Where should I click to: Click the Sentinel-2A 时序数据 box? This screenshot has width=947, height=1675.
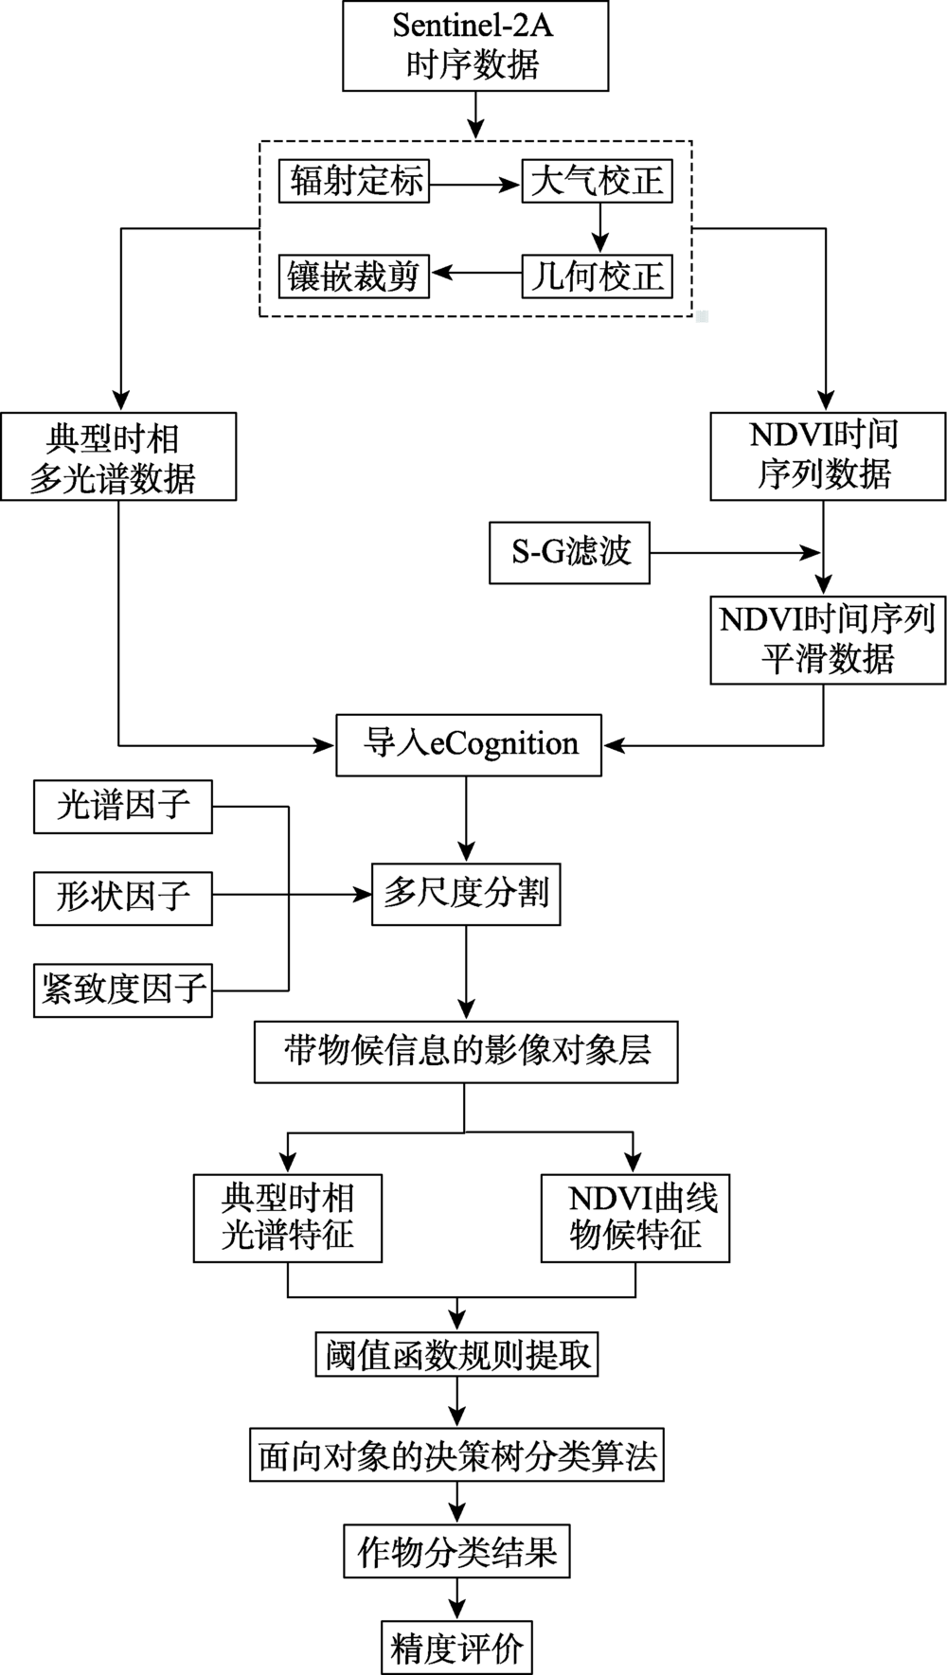(x=473, y=45)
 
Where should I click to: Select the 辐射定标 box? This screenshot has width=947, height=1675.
(x=354, y=181)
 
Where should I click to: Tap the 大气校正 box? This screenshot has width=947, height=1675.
(x=598, y=181)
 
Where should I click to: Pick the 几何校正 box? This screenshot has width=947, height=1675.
(x=598, y=276)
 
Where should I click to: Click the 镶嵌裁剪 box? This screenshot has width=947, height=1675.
(x=354, y=276)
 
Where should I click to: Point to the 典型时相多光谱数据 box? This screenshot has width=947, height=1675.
(x=118, y=456)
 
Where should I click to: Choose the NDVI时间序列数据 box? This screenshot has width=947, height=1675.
(x=828, y=456)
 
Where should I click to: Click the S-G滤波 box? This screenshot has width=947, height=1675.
(x=570, y=552)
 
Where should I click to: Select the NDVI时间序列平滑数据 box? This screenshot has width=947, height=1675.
(x=828, y=639)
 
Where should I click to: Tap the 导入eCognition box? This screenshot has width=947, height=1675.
(x=470, y=745)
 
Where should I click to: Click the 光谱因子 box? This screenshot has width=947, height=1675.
(x=123, y=807)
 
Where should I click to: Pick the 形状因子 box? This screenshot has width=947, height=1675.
(x=123, y=898)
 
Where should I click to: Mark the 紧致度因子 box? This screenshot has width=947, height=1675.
(x=123, y=990)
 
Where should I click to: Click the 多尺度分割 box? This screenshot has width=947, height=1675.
(x=466, y=894)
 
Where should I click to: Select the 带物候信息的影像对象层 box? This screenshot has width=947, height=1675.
(x=466, y=1051)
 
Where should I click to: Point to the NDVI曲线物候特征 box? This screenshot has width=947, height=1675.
(x=635, y=1218)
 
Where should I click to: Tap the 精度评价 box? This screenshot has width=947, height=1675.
(x=457, y=1648)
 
